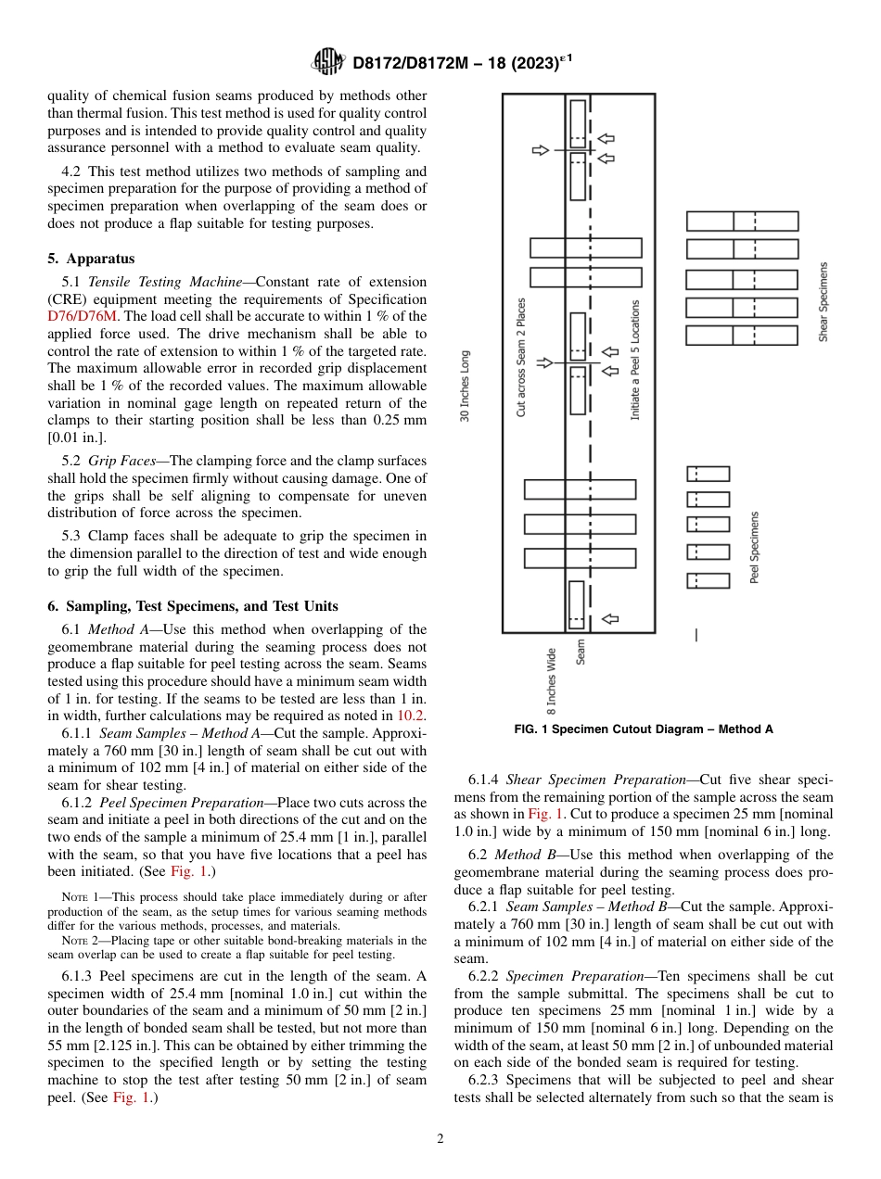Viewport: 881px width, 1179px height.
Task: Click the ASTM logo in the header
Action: coord(329,62)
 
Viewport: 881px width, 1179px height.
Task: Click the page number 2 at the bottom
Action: coord(440,1139)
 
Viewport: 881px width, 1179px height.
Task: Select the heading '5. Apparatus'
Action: coord(91,259)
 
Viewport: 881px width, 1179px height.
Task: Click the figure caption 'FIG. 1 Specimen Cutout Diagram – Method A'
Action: coord(644,729)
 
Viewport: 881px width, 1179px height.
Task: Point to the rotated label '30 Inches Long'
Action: coord(466,386)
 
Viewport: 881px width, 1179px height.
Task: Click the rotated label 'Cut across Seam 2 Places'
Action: coord(521,357)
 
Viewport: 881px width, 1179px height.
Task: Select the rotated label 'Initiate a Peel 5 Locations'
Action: coord(635,360)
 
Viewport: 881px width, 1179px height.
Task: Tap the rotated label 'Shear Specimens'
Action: coord(823,301)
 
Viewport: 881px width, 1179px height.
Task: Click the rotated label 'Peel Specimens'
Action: coord(755,547)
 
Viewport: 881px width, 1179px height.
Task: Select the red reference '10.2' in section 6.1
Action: coord(412,715)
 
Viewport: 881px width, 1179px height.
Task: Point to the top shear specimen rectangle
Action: coord(742,222)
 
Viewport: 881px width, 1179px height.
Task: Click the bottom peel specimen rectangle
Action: coord(708,581)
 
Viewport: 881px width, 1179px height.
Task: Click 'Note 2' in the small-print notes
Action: coord(81,941)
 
